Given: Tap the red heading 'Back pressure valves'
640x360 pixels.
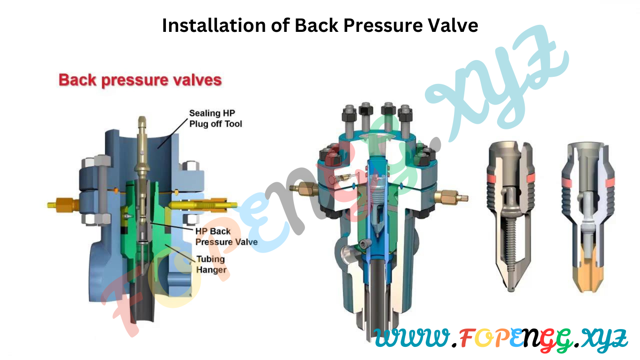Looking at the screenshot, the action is pos(140,80).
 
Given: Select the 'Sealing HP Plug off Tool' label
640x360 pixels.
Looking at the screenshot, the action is pos(216,119).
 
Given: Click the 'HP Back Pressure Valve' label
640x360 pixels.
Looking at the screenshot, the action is pos(226,237).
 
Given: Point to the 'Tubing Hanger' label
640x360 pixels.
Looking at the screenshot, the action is pos(210,264).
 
